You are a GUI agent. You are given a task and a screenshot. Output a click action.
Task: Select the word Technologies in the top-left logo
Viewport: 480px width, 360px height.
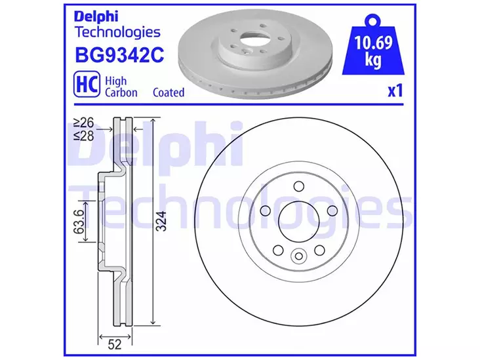coord(117,31)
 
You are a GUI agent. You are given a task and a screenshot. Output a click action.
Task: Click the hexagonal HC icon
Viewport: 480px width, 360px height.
coord(85,85)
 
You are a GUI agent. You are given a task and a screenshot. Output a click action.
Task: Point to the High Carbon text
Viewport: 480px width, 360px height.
coord(121,86)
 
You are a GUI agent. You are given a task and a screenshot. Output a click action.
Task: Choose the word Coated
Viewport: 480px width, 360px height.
coord(169,92)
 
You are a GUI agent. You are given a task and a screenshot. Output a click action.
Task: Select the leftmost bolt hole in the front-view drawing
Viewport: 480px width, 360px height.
coord(266,210)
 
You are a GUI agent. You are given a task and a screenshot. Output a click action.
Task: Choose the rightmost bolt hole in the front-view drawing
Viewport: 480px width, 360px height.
coord(332,210)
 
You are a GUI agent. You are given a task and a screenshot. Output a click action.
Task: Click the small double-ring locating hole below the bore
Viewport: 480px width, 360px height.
coord(299,256)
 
